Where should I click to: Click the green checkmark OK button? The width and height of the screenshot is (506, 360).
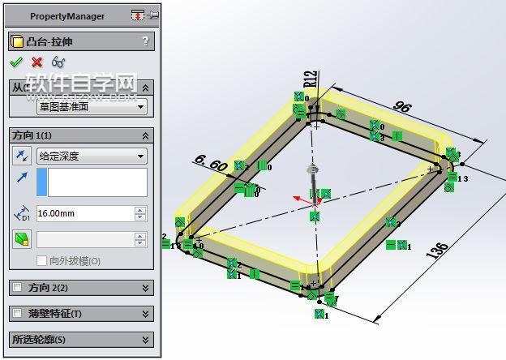click(x=16, y=62)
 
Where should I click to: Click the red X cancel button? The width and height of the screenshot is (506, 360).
click(x=36, y=62)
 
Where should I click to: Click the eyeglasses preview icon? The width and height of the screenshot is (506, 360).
click(x=58, y=62)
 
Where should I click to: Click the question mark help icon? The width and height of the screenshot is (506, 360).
click(x=145, y=41)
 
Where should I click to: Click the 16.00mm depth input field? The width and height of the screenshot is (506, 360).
click(x=84, y=214)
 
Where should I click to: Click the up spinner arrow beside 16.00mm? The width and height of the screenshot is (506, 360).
click(x=140, y=210)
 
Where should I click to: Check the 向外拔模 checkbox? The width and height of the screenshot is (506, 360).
click(x=42, y=261)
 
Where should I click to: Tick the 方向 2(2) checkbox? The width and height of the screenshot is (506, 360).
click(x=18, y=288)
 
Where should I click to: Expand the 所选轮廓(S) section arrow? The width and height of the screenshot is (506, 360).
click(x=145, y=340)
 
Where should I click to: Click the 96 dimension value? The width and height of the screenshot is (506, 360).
click(x=403, y=106)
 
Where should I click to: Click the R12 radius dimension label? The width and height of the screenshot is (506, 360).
click(x=310, y=78)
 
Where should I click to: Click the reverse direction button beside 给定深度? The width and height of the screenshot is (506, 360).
click(x=22, y=156)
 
